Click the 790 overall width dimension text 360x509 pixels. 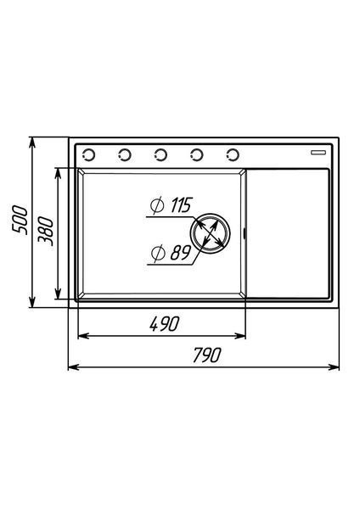(x=207, y=355)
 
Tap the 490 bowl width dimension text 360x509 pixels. (x=165, y=324)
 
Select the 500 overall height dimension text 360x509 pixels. (x=20, y=219)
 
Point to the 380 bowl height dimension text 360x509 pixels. (x=45, y=232)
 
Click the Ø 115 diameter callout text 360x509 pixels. (x=172, y=205)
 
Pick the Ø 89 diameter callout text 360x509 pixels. (x=171, y=253)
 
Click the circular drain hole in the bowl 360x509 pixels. (x=211, y=233)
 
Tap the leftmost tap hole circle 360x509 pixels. (x=88, y=155)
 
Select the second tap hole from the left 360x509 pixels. (x=125, y=155)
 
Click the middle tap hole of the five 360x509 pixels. (x=160, y=155)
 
